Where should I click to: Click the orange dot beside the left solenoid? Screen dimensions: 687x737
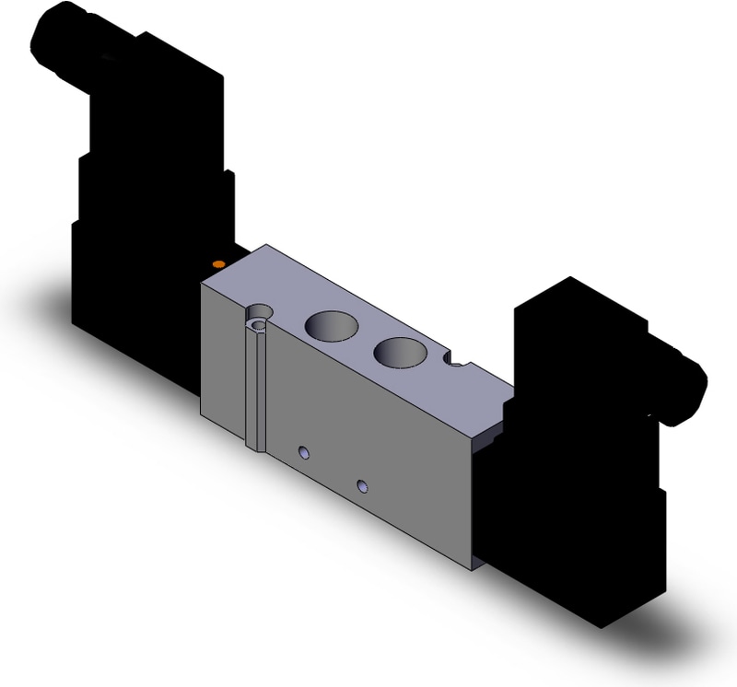click(217, 265)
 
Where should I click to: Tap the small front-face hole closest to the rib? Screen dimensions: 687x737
click(302, 451)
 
